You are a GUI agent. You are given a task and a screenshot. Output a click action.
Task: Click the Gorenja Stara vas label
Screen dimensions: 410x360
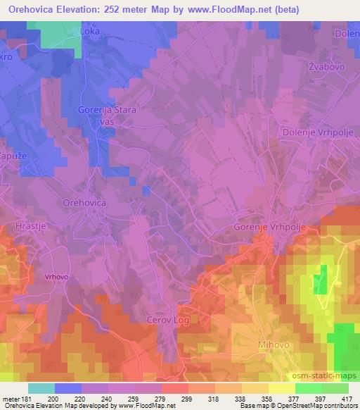tap(107, 116)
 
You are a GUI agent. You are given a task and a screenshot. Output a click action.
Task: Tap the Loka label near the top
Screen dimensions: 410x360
tap(90, 32)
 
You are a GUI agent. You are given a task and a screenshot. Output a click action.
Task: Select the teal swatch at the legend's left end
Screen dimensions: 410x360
tap(41, 388)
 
